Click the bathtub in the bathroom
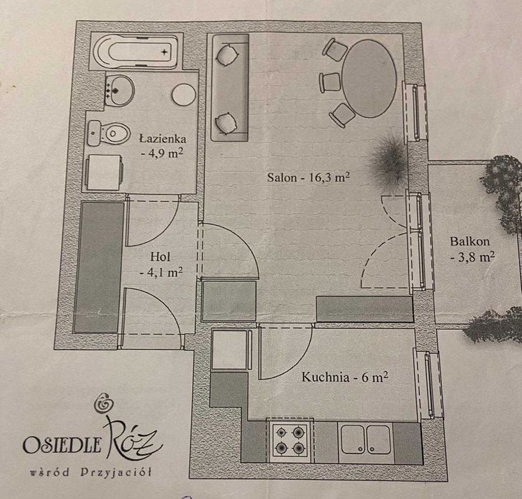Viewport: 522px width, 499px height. (x=136, y=51)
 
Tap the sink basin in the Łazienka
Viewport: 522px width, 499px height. (x=120, y=90)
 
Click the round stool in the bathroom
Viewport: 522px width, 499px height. (x=183, y=94)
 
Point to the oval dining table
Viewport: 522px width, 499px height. (x=369, y=79)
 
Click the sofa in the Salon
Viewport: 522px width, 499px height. (x=230, y=88)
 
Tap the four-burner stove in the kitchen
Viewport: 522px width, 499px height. (x=290, y=440)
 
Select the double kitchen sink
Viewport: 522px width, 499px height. (x=366, y=441)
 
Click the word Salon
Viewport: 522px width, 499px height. (x=281, y=178)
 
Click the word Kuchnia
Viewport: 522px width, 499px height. (x=326, y=377)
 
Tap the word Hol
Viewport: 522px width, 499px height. (x=160, y=257)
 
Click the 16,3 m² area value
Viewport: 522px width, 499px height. (x=330, y=177)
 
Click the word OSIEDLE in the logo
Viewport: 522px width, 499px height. (x=62, y=445)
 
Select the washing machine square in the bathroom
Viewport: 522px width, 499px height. (x=104, y=173)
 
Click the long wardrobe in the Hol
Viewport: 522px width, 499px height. (x=99, y=267)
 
